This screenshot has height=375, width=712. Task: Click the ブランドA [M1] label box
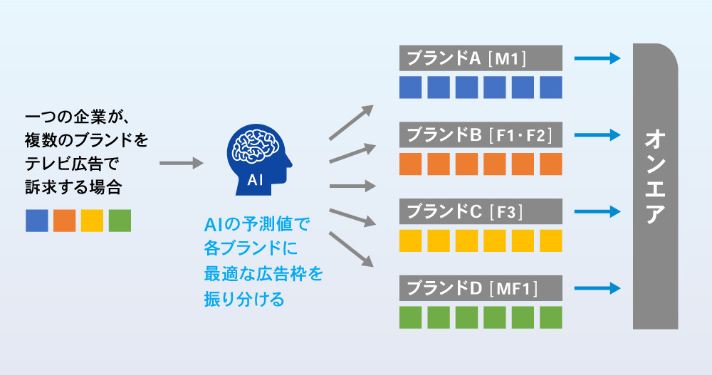[x=481, y=58]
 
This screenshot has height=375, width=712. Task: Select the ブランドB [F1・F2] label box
[x=481, y=134]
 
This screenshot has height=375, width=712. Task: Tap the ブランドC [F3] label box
[x=481, y=211]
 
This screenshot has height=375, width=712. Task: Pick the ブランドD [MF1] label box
[x=481, y=287]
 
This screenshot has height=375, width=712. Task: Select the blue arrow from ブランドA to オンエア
[x=598, y=58]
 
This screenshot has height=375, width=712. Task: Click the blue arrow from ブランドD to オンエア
[x=598, y=287]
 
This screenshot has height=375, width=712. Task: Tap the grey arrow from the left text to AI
[x=181, y=164]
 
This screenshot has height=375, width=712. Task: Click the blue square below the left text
[x=36, y=221]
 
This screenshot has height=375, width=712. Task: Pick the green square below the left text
[x=120, y=221]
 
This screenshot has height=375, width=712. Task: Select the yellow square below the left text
[x=92, y=221]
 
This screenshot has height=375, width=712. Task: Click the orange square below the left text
[x=64, y=221]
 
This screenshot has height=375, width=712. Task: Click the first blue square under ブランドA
[x=410, y=87]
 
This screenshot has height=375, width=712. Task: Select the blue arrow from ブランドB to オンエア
[x=598, y=134]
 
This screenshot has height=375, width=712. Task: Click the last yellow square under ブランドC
[x=551, y=240]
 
